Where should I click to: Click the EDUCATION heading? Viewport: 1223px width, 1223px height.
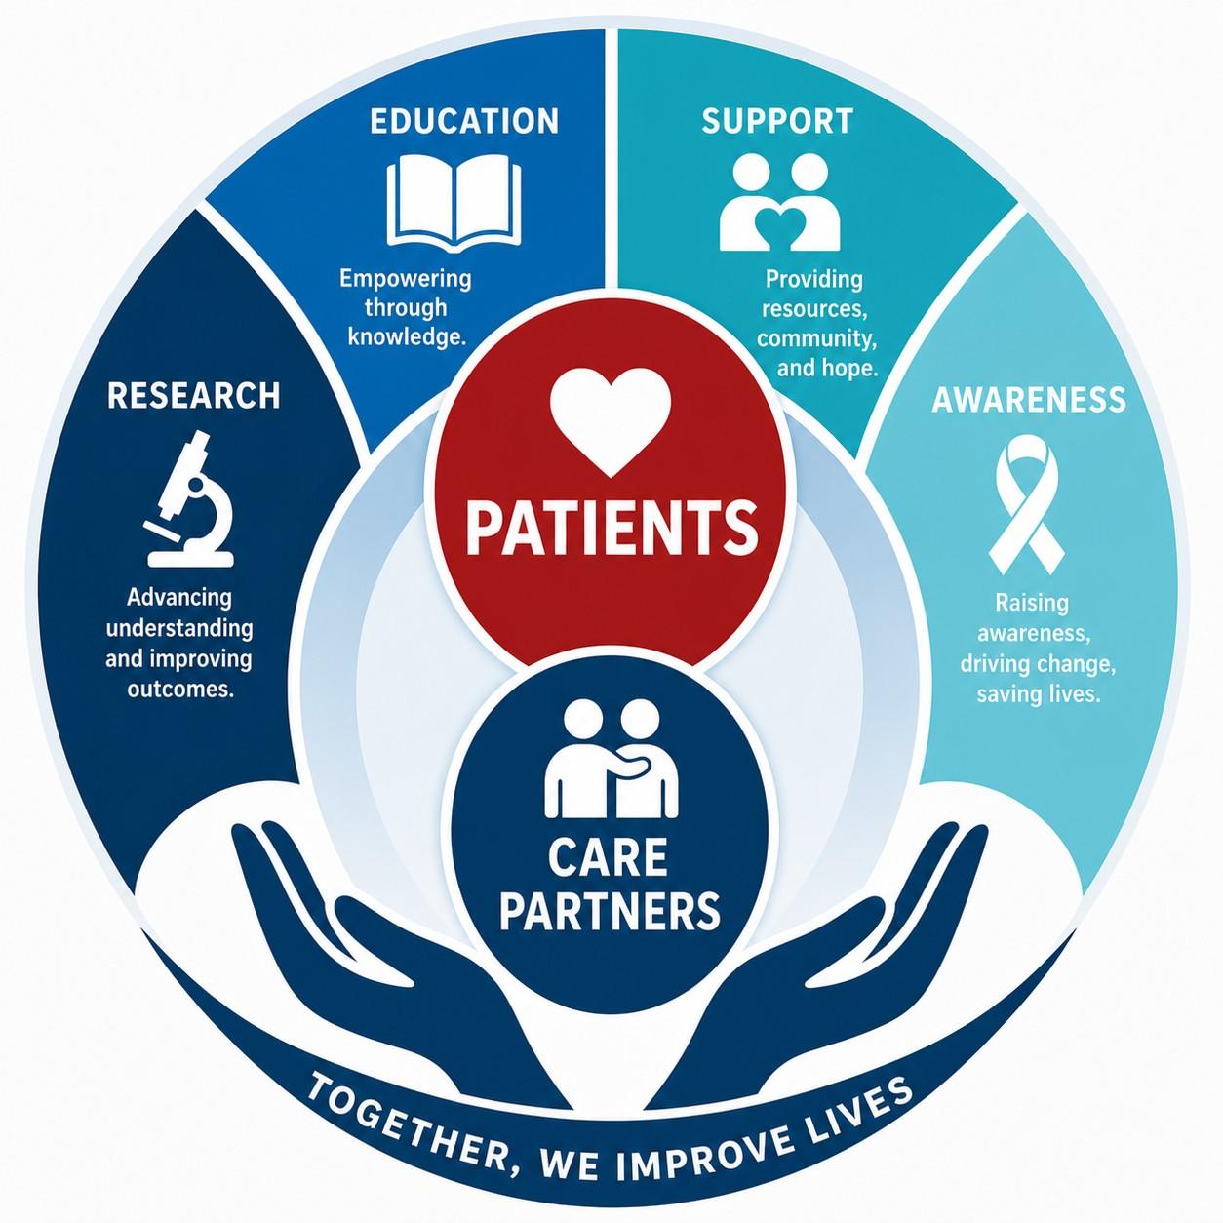pyautogui.click(x=464, y=121)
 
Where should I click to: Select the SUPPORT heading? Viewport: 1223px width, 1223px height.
pyautogui.click(x=777, y=121)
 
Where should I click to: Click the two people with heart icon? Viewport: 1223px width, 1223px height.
pyautogui.click(x=780, y=203)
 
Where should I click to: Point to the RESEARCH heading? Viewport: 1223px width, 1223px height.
pyautogui.click(x=193, y=395)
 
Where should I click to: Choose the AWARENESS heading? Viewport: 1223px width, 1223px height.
pyautogui.click(x=1029, y=399)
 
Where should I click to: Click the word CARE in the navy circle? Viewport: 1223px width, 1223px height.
pyautogui.click(x=608, y=856)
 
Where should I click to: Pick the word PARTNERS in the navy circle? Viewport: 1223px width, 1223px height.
pyautogui.click(x=610, y=911)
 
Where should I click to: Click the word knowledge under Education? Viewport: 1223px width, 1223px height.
pyautogui.click(x=407, y=336)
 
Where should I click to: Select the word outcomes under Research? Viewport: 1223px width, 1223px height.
pyautogui.click(x=180, y=689)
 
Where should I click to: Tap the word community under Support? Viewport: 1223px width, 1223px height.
pyautogui.click(x=816, y=339)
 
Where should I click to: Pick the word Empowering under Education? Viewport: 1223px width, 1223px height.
pyautogui.click(x=406, y=279)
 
